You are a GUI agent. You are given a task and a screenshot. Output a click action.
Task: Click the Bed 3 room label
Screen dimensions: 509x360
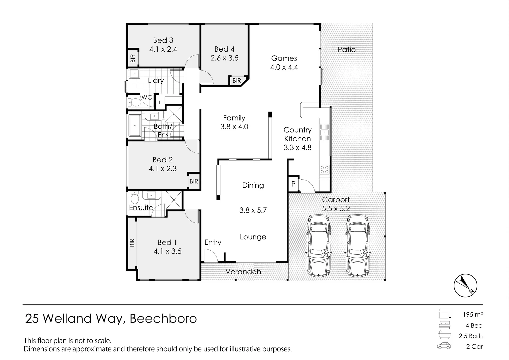point(163,40)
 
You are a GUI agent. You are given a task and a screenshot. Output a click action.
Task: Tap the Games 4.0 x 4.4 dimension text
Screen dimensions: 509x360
point(284,67)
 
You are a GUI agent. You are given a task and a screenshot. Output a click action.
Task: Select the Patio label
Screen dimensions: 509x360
point(346,50)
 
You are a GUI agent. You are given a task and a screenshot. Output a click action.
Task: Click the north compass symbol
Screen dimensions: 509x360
point(465,285)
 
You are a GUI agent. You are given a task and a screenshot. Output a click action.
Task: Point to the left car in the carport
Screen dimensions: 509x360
point(318,246)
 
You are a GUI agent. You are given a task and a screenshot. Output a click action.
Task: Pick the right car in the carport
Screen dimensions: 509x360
point(357,246)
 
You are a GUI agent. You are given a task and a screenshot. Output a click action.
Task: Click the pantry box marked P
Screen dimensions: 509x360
point(293,184)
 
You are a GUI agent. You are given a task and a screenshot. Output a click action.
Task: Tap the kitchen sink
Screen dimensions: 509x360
point(324,132)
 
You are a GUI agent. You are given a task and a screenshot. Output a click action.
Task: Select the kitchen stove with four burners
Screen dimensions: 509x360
point(324,170)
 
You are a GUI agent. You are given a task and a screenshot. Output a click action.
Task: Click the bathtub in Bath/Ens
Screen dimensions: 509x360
point(135,126)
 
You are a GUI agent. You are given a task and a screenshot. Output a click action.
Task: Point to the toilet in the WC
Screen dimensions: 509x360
point(135,103)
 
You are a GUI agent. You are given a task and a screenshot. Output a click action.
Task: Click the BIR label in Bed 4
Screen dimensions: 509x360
point(236,81)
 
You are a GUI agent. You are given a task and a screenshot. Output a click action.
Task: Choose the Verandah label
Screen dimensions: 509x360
point(243,272)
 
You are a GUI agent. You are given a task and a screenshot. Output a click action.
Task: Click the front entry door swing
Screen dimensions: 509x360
point(211,255)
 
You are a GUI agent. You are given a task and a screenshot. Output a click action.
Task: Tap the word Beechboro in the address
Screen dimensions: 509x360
point(163,319)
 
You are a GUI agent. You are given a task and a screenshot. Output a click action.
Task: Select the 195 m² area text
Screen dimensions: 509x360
point(473,315)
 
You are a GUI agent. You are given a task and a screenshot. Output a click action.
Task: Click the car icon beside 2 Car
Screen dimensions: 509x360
point(444,346)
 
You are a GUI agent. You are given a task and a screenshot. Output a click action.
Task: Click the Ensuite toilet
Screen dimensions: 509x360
point(135,198)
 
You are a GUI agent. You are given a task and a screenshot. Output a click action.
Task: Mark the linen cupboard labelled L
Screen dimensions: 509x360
point(160,103)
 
